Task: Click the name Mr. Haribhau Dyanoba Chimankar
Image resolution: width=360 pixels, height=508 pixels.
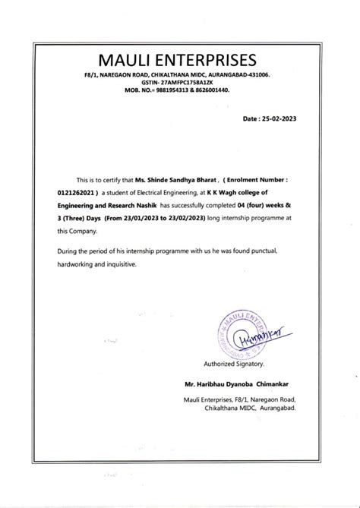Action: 236,386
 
